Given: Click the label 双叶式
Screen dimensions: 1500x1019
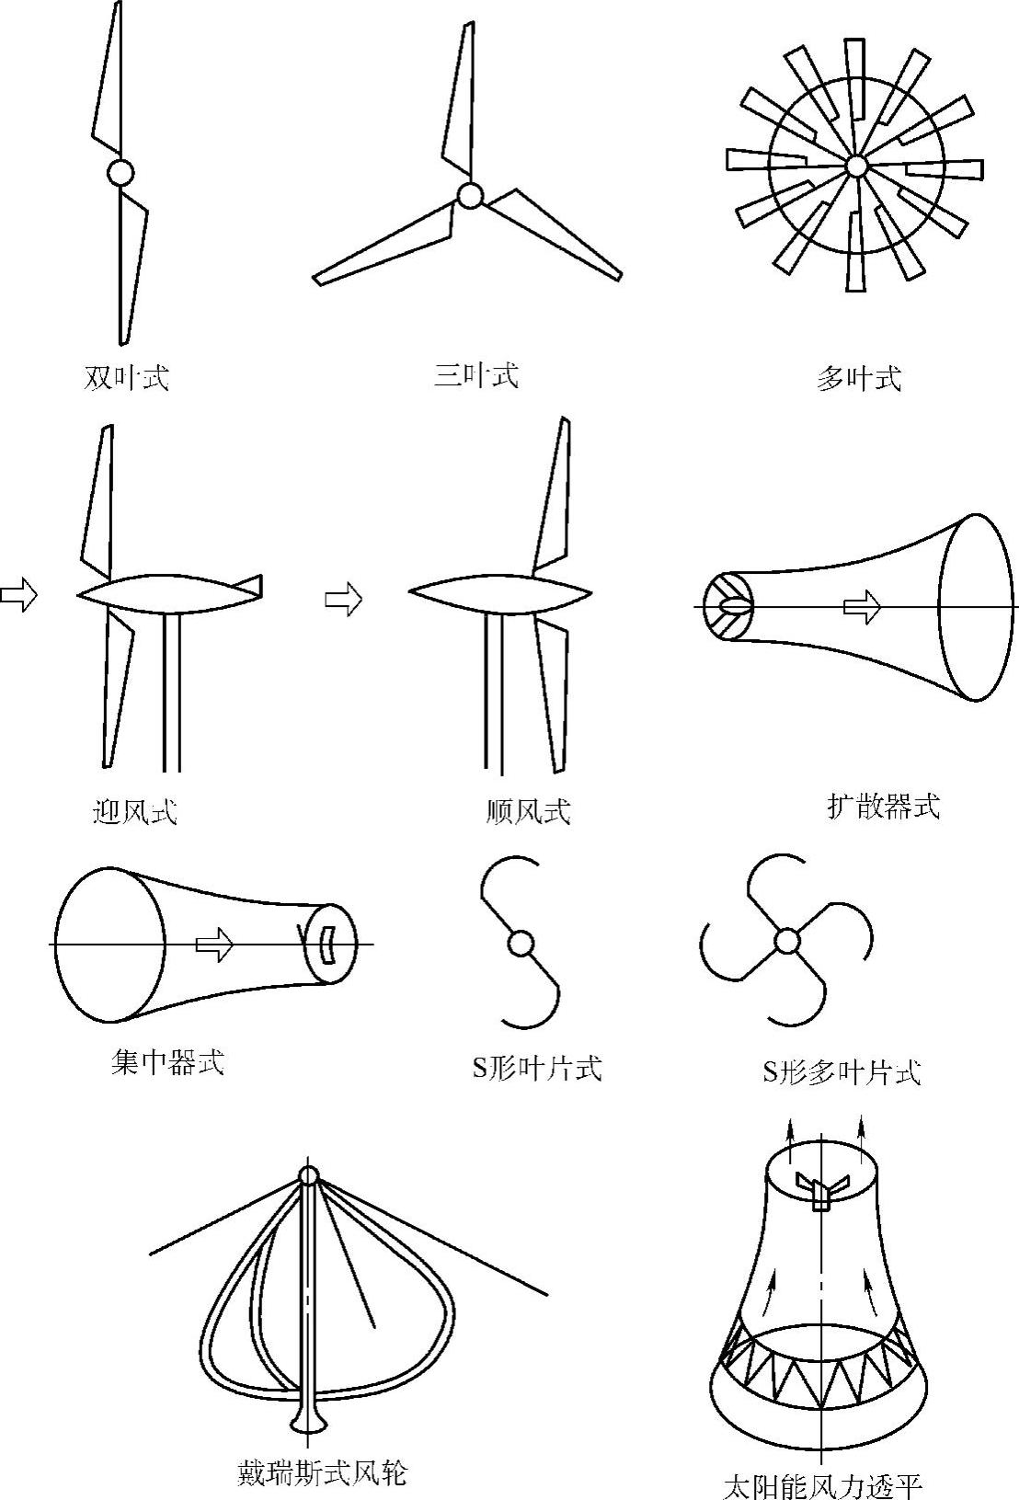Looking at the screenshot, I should (x=126, y=378).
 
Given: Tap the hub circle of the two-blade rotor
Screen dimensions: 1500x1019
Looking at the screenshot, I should (x=120, y=172).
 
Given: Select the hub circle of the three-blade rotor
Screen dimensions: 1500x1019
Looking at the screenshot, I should (x=470, y=195).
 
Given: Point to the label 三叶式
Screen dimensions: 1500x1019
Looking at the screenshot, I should (x=475, y=375).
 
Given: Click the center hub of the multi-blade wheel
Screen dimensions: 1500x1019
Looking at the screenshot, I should (x=856, y=166).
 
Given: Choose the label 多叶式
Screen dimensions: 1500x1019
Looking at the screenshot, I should (x=858, y=378).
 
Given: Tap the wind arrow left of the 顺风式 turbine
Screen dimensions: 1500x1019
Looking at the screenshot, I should (x=344, y=600).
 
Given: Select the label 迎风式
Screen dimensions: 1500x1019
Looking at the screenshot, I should (x=135, y=811).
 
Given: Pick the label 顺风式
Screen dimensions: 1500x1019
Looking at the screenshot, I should (x=528, y=811).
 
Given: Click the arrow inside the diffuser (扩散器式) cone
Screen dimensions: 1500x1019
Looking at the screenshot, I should (x=862, y=607).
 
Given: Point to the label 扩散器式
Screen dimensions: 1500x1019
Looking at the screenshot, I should (x=883, y=807).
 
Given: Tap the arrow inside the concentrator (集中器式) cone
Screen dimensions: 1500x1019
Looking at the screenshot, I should (x=214, y=945).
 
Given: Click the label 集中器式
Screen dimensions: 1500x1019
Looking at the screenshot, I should (x=166, y=1062).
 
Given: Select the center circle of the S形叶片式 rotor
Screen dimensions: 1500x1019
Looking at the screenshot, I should (x=521, y=944).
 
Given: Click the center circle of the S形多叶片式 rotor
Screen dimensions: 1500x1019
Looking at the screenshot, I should (x=786, y=941).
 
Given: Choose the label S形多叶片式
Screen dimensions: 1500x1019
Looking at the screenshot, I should (x=841, y=1071).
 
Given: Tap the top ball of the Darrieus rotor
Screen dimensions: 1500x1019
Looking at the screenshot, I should (x=308, y=1175).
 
